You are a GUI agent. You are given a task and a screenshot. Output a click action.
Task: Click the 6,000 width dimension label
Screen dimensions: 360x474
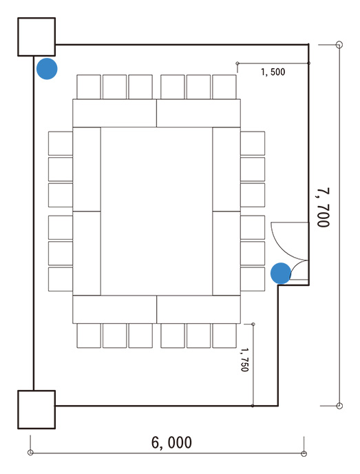pos(171,442)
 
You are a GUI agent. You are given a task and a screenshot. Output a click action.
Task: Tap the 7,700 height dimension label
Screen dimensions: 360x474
pos(323,207)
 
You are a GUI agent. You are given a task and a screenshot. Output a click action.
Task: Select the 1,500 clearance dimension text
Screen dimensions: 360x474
pos(273,72)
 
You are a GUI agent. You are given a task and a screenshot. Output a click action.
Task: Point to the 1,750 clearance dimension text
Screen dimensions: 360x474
pos(244,360)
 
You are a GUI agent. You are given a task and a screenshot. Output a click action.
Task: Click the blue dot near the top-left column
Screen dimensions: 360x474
pos(47,69)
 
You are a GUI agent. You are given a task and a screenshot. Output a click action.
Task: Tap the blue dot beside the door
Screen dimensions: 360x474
pos(281,274)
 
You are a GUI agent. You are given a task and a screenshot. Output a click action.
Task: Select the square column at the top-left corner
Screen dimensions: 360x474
pos(36,37)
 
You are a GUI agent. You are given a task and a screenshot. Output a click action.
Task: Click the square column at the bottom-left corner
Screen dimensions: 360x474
pos(36,410)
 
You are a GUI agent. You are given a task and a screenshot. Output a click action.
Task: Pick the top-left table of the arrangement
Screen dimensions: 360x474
pos(114,113)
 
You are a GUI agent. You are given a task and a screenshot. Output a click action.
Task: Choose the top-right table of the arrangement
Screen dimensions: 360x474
pos(198,113)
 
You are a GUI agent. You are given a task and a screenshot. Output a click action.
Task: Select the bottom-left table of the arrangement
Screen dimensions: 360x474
pos(114,309)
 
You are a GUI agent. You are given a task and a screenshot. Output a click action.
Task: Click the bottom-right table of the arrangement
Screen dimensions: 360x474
pos(198,309)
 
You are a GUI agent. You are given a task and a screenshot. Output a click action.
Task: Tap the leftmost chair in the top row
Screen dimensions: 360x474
pos(89,87)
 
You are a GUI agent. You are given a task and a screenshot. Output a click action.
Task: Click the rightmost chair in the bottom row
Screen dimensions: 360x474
pos(224,336)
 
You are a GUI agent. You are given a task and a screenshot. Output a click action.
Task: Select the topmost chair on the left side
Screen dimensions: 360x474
pos(61,143)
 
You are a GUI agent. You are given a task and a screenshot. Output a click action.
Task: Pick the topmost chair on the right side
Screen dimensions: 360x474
pos(253,143)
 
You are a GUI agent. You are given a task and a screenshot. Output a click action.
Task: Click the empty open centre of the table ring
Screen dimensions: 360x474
pos(156,212)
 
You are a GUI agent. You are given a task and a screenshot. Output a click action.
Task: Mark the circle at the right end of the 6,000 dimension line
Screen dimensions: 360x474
pos(304,453)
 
